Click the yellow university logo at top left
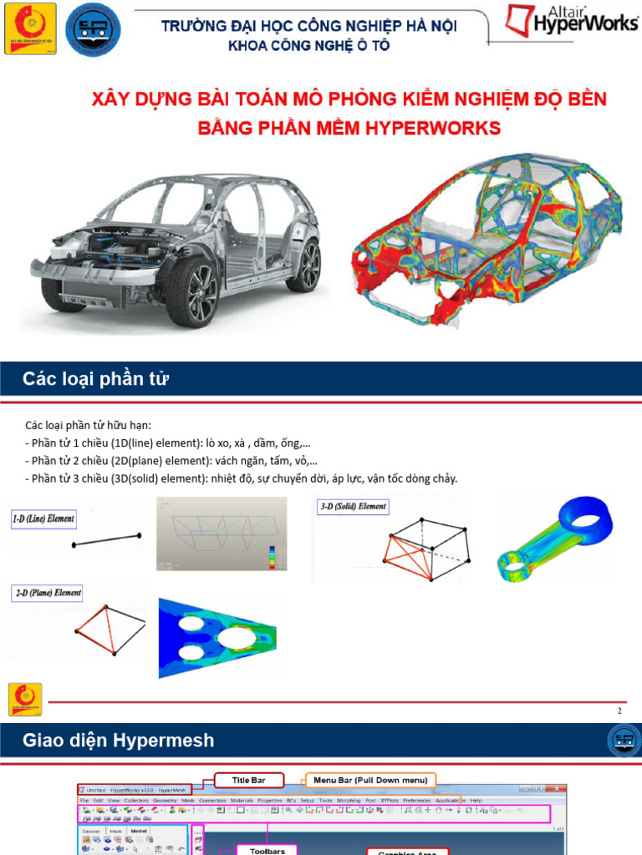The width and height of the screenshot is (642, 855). coord(30,28)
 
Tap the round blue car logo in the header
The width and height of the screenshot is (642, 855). coord(92,29)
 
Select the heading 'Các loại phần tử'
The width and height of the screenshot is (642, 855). coord(96,380)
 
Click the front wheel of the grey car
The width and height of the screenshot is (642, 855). coord(192,291)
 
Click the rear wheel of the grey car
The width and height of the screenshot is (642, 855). coord(303,265)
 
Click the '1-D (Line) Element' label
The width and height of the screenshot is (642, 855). coord(43,519)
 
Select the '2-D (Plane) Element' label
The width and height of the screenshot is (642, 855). coord(46,593)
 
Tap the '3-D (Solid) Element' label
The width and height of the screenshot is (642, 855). coord(353,506)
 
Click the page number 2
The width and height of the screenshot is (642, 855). coord(619,711)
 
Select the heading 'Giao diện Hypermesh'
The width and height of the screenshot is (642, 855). coord(118,740)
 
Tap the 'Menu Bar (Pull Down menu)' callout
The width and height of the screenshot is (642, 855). coord(370,780)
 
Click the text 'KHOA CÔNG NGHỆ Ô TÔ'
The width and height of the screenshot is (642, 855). coord(309,46)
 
